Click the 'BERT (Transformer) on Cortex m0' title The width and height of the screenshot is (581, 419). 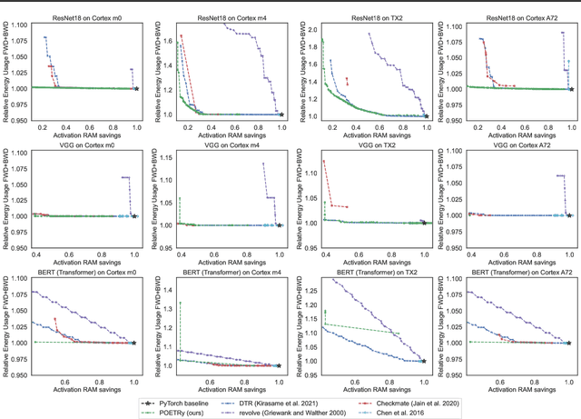[x=83, y=273]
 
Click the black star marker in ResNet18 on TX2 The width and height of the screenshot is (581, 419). [x=426, y=115]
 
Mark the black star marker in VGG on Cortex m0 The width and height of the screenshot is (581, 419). [x=134, y=216]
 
